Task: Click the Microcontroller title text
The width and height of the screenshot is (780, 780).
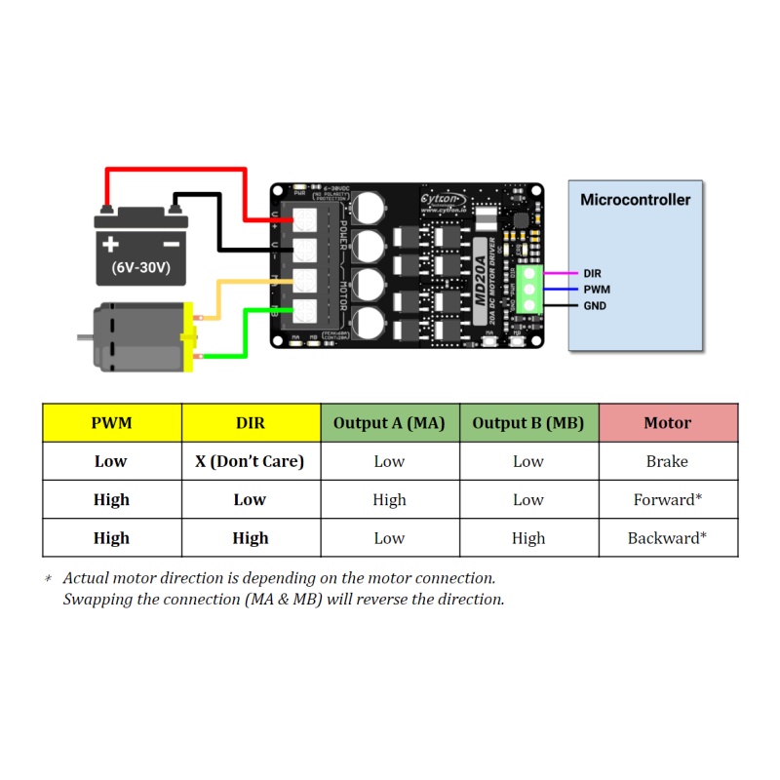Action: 635,200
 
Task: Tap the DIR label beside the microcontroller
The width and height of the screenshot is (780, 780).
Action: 593,274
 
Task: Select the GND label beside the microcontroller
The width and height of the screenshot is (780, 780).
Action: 595,306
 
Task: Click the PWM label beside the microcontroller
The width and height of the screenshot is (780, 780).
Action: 597,290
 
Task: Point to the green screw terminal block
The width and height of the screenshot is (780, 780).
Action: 530,290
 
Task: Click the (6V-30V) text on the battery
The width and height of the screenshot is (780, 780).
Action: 140,267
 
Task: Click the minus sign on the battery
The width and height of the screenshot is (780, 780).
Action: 170,244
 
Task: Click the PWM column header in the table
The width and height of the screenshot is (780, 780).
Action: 111,423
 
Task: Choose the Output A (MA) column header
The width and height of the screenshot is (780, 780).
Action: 389,423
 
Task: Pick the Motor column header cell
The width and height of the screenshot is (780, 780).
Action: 668,423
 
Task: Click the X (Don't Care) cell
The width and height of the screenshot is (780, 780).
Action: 250,461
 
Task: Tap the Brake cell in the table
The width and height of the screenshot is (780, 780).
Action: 668,461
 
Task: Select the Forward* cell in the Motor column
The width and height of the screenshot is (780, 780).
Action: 668,500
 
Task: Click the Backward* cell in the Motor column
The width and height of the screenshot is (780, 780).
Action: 668,538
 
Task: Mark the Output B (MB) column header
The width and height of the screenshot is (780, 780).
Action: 528,423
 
